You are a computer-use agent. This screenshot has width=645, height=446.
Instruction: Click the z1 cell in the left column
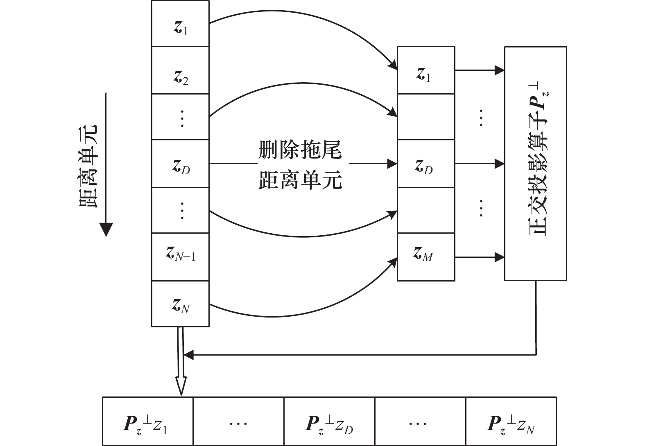[x=180, y=24]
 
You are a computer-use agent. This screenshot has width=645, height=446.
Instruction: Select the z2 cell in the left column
[x=180, y=70]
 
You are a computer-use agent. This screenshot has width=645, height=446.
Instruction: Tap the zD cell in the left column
[x=180, y=164]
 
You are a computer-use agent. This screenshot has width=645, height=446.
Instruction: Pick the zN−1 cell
[x=180, y=257]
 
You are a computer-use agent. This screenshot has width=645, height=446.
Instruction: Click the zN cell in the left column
[x=180, y=304]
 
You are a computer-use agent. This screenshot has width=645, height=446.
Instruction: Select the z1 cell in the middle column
[x=426, y=70]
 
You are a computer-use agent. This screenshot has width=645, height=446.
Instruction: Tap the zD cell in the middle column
[x=426, y=164]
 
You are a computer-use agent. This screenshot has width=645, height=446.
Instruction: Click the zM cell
[x=426, y=257]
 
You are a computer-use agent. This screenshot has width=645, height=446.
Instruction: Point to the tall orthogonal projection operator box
[x=535, y=164]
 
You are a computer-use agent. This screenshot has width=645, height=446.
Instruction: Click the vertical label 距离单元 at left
[x=88, y=166]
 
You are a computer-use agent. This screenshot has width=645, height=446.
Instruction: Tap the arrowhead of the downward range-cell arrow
[x=106, y=230]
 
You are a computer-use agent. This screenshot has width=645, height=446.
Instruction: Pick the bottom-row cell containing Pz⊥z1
[x=147, y=421]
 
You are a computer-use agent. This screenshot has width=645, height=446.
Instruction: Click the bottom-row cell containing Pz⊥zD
[x=329, y=421]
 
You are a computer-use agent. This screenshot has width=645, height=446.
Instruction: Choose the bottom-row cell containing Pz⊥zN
[x=511, y=421]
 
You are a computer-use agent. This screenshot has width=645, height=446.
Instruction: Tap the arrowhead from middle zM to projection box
[x=500, y=257]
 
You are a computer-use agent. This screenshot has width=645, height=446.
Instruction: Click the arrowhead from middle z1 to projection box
[x=500, y=70]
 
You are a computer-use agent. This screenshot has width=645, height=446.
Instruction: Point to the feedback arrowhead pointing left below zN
[x=188, y=355]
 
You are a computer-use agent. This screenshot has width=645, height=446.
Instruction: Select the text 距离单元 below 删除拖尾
[x=300, y=180]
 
